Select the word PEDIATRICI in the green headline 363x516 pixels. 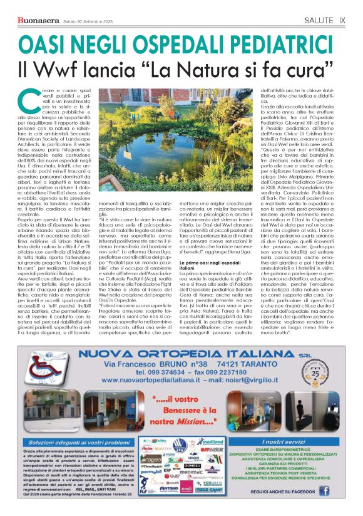[276, 43]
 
